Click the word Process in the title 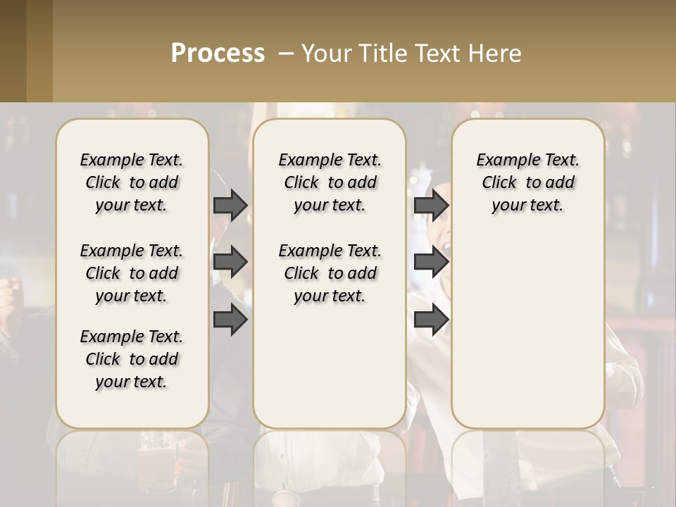(218, 53)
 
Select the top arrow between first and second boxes (230, 205)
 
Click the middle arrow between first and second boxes (230, 262)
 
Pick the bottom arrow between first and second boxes (230, 320)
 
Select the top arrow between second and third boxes (431, 205)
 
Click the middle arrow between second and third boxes (431, 262)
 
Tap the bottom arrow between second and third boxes (431, 320)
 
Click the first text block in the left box (132, 182)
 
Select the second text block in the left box (132, 273)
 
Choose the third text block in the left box (132, 359)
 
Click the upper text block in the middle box (330, 182)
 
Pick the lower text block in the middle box (330, 273)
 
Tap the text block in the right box (527, 182)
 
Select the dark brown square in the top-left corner (13, 51)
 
